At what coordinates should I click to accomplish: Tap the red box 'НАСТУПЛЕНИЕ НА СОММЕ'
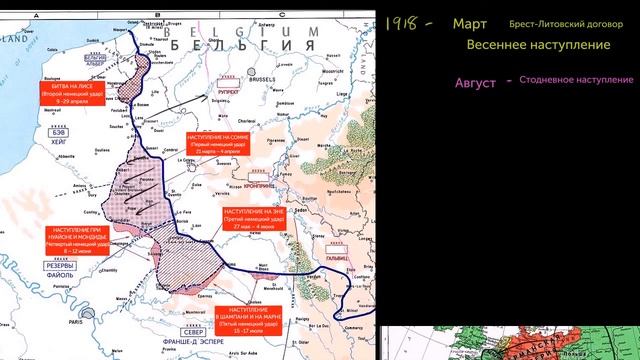pyautogui.click(x=217, y=142)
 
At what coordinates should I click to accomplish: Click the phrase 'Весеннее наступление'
pyautogui.click(x=524, y=46)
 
